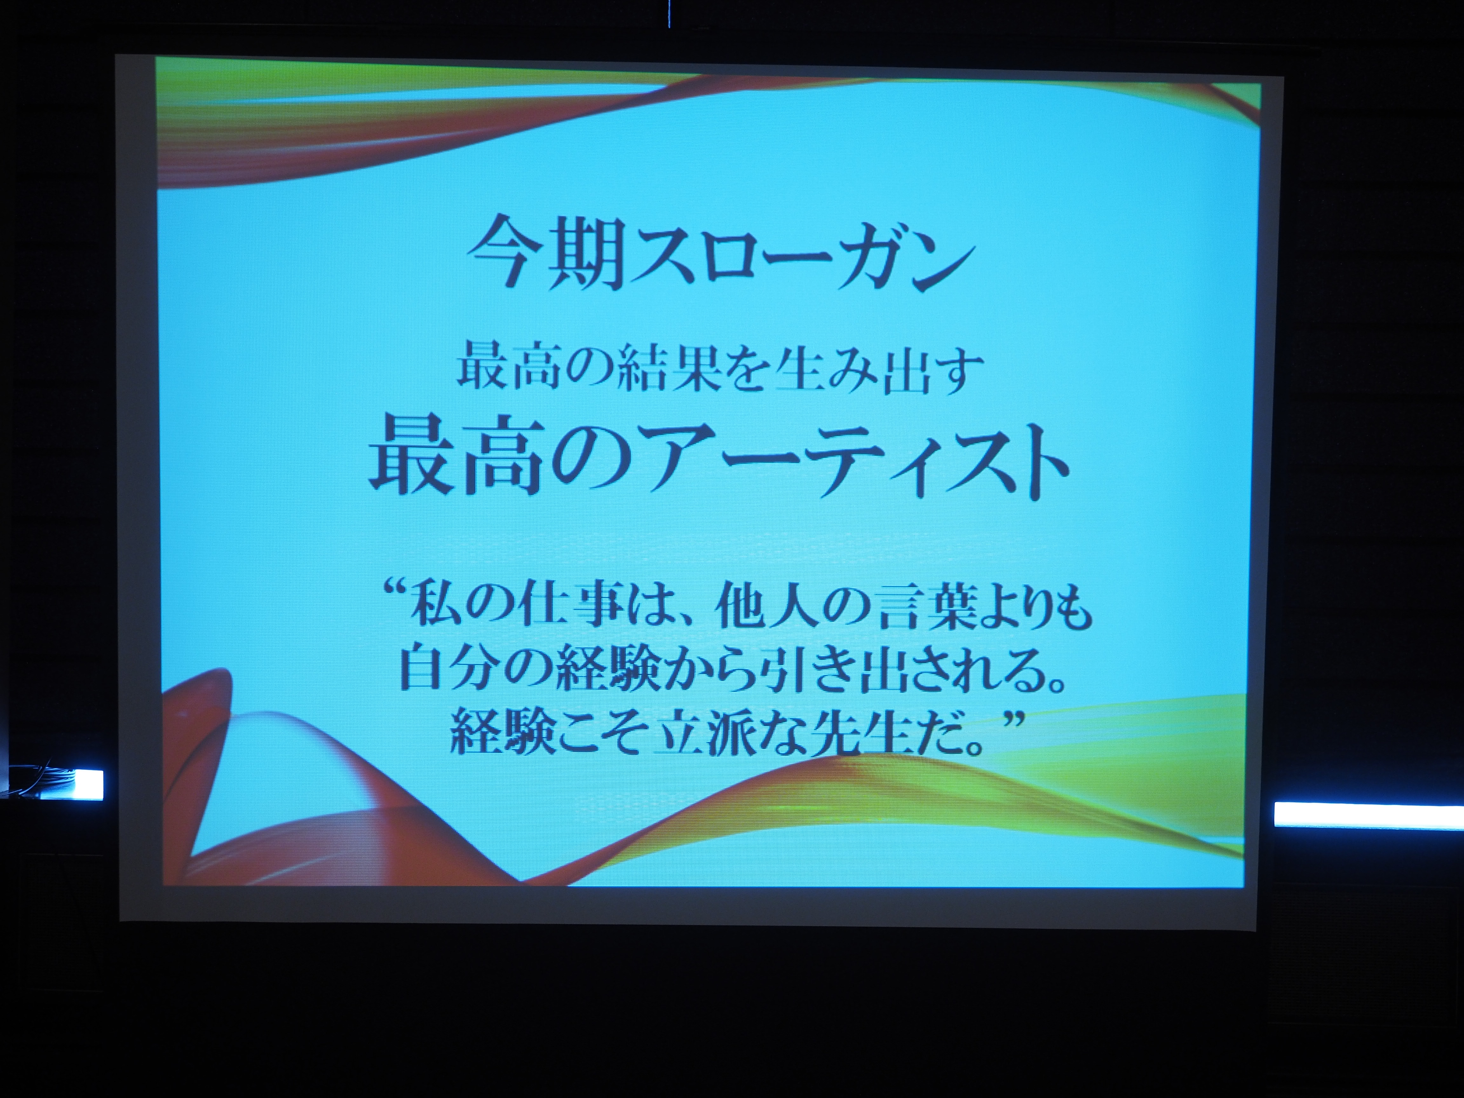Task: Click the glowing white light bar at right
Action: coord(1369,814)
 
